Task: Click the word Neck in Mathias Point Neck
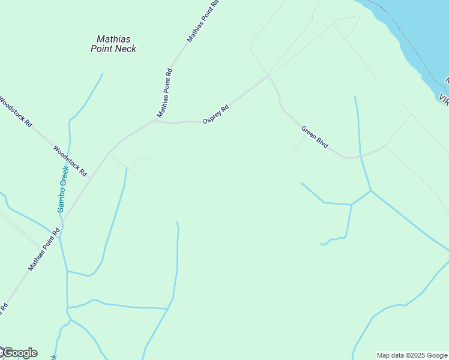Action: pyautogui.click(x=125, y=49)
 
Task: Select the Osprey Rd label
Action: pyautogui.click(x=216, y=115)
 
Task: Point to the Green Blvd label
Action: pyautogui.click(x=315, y=137)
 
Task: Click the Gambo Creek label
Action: pyautogui.click(x=62, y=188)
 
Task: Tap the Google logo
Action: pyautogui.click(x=19, y=353)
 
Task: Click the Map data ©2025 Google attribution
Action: pyautogui.click(x=411, y=355)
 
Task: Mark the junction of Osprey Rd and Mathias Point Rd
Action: pyautogui.click(x=155, y=121)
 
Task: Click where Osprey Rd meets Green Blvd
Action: pyautogui.click(x=268, y=76)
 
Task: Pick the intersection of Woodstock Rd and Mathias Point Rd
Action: pyautogui.click(x=91, y=178)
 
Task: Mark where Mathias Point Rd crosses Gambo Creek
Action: pyautogui.click(x=61, y=224)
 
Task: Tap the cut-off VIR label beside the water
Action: pyautogui.click(x=444, y=98)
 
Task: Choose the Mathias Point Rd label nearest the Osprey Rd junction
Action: pyautogui.click(x=165, y=93)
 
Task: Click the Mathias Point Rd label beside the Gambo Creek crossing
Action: pyautogui.click(x=44, y=248)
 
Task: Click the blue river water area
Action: pyautogui.click(x=420, y=24)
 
